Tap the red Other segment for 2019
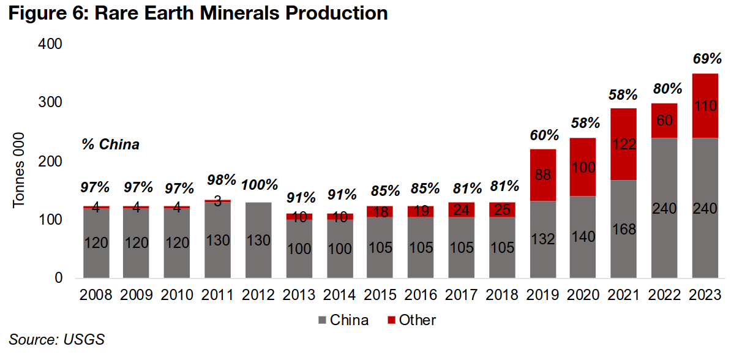point(543,175)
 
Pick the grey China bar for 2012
point(258,240)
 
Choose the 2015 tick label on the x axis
point(381,295)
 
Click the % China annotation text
point(110,145)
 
